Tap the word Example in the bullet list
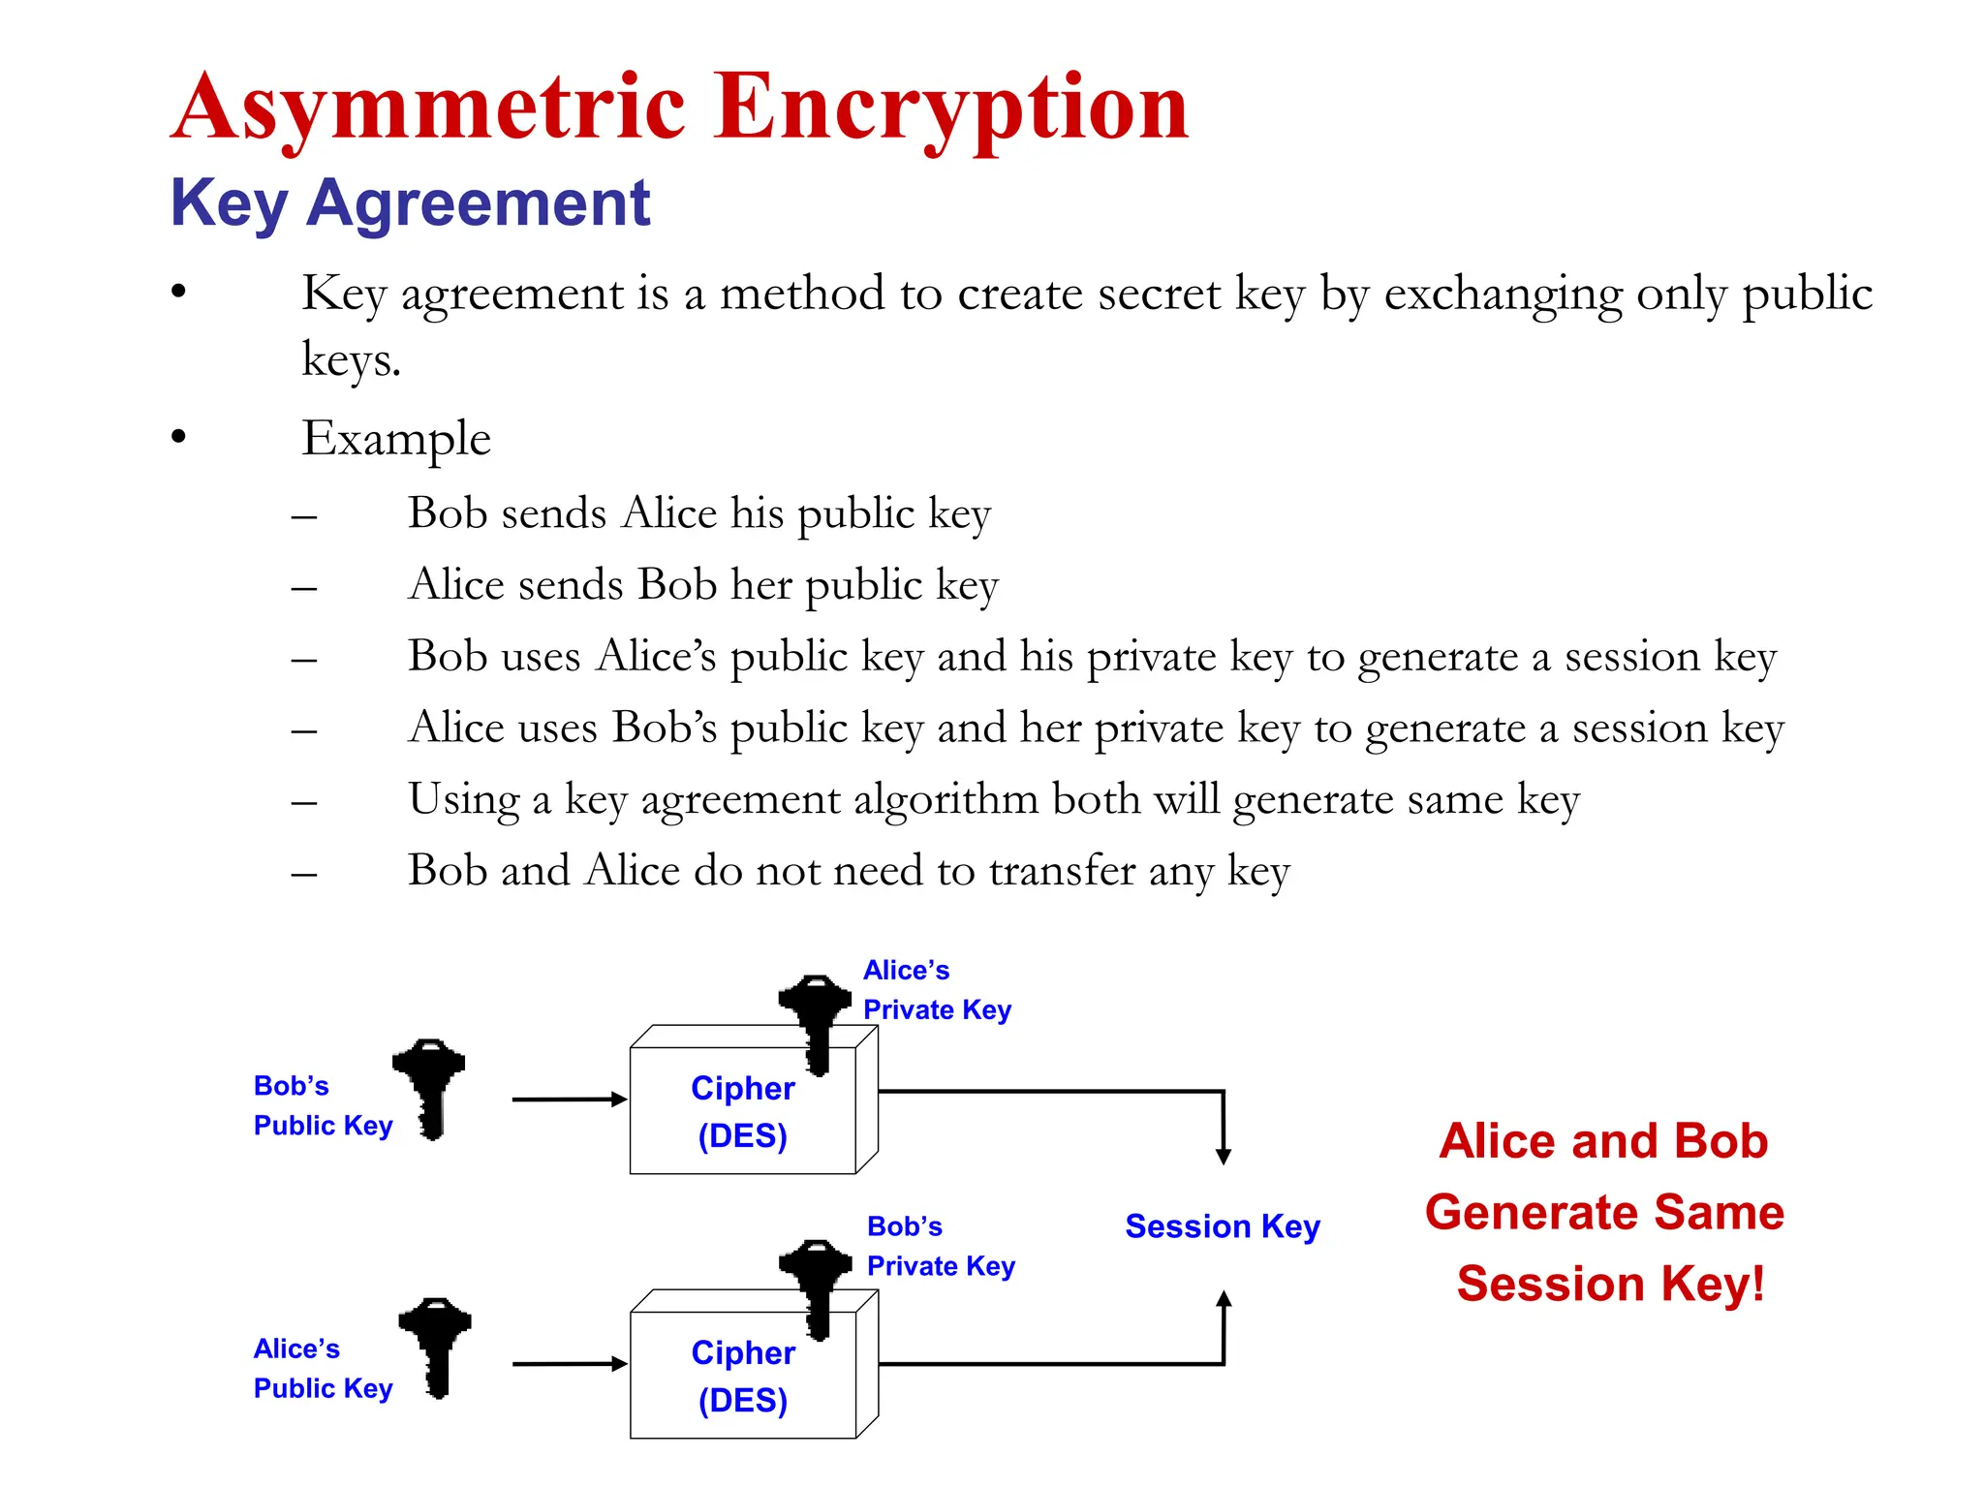(396, 438)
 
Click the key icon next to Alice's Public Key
(436, 1347)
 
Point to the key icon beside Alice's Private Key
(815, 1022)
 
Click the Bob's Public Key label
(322, 1105)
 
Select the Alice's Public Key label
(322, 1368)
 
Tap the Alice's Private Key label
(936, 990)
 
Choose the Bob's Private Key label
(940, 1246)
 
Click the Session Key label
(1222, 1226)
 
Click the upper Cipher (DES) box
(743, 1111)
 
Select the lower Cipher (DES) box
(743, 1376)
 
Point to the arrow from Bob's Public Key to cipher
(570, 1100)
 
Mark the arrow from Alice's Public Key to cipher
(570, 1364)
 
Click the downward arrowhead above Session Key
(1224, 1156)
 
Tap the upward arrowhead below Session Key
(1224, 1300)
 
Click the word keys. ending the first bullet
(351, 360)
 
